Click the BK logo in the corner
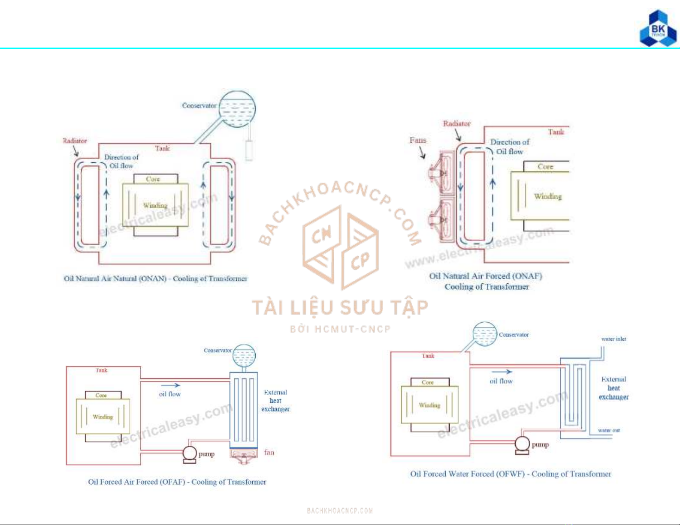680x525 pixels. tap(658, 29)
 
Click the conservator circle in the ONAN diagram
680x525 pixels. tap(237, 109)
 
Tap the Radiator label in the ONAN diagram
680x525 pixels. tap(75, 141)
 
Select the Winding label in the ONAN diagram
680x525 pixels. tap(155, 205)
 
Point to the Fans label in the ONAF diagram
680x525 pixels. tap(417, 140)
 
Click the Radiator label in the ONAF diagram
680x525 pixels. tap(456, 123)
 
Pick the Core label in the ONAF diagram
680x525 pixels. tap(545, 166)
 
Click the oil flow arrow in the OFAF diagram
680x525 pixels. tap(170, 385)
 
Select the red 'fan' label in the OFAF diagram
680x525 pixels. tap(269, 452)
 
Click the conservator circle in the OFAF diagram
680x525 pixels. tap(244, 355)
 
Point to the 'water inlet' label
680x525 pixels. tap(614, 339)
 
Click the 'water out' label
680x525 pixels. tap(609, 430)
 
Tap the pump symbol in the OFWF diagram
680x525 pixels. tap(522, 443)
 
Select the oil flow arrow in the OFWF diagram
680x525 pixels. tap(502, 372)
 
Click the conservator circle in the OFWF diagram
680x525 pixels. tap(484, 334)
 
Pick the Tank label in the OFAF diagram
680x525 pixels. tap(101, 370)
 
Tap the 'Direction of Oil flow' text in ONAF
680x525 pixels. tap(510, 147)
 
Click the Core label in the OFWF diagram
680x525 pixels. tap(427, 382)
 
